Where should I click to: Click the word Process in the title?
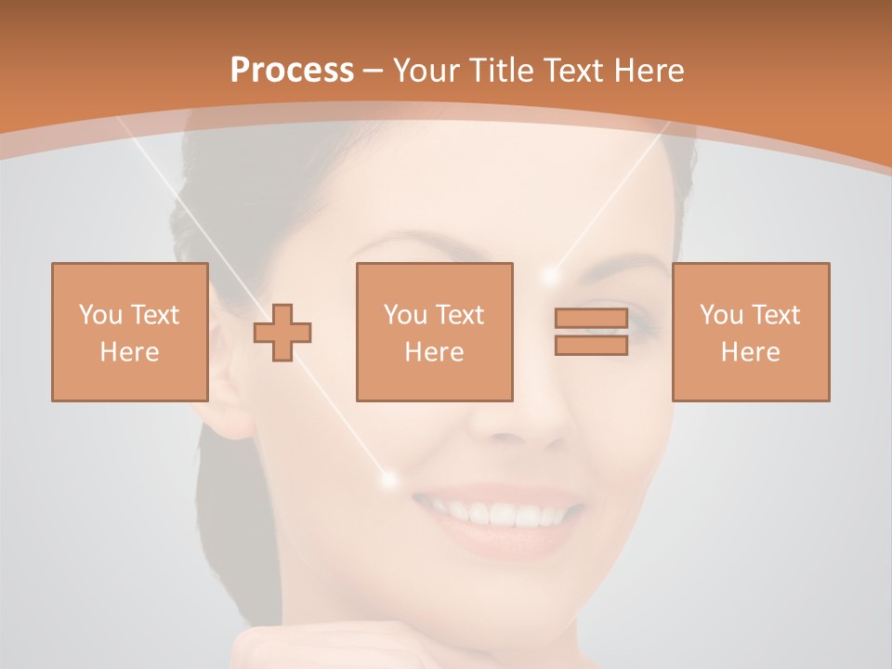click(x=292, y=71)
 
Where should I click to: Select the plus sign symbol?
click(x=282, y=332)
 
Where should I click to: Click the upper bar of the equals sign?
click(x=591, y=319)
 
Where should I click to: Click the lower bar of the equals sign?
click(x=591, y=345)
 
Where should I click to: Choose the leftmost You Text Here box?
click(x=129, y=332)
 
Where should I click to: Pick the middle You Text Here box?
click(x=434, y=332)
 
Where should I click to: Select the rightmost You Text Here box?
click(x=750, y=332)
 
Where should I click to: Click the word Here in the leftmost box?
click(x=129, y=352)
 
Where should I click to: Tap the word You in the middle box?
click(x=404, y=315)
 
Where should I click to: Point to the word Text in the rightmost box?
click(x=776, y=315)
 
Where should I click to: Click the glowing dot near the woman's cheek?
click(x=388, y=479)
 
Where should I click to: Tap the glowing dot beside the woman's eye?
click(x=551, y=275)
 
